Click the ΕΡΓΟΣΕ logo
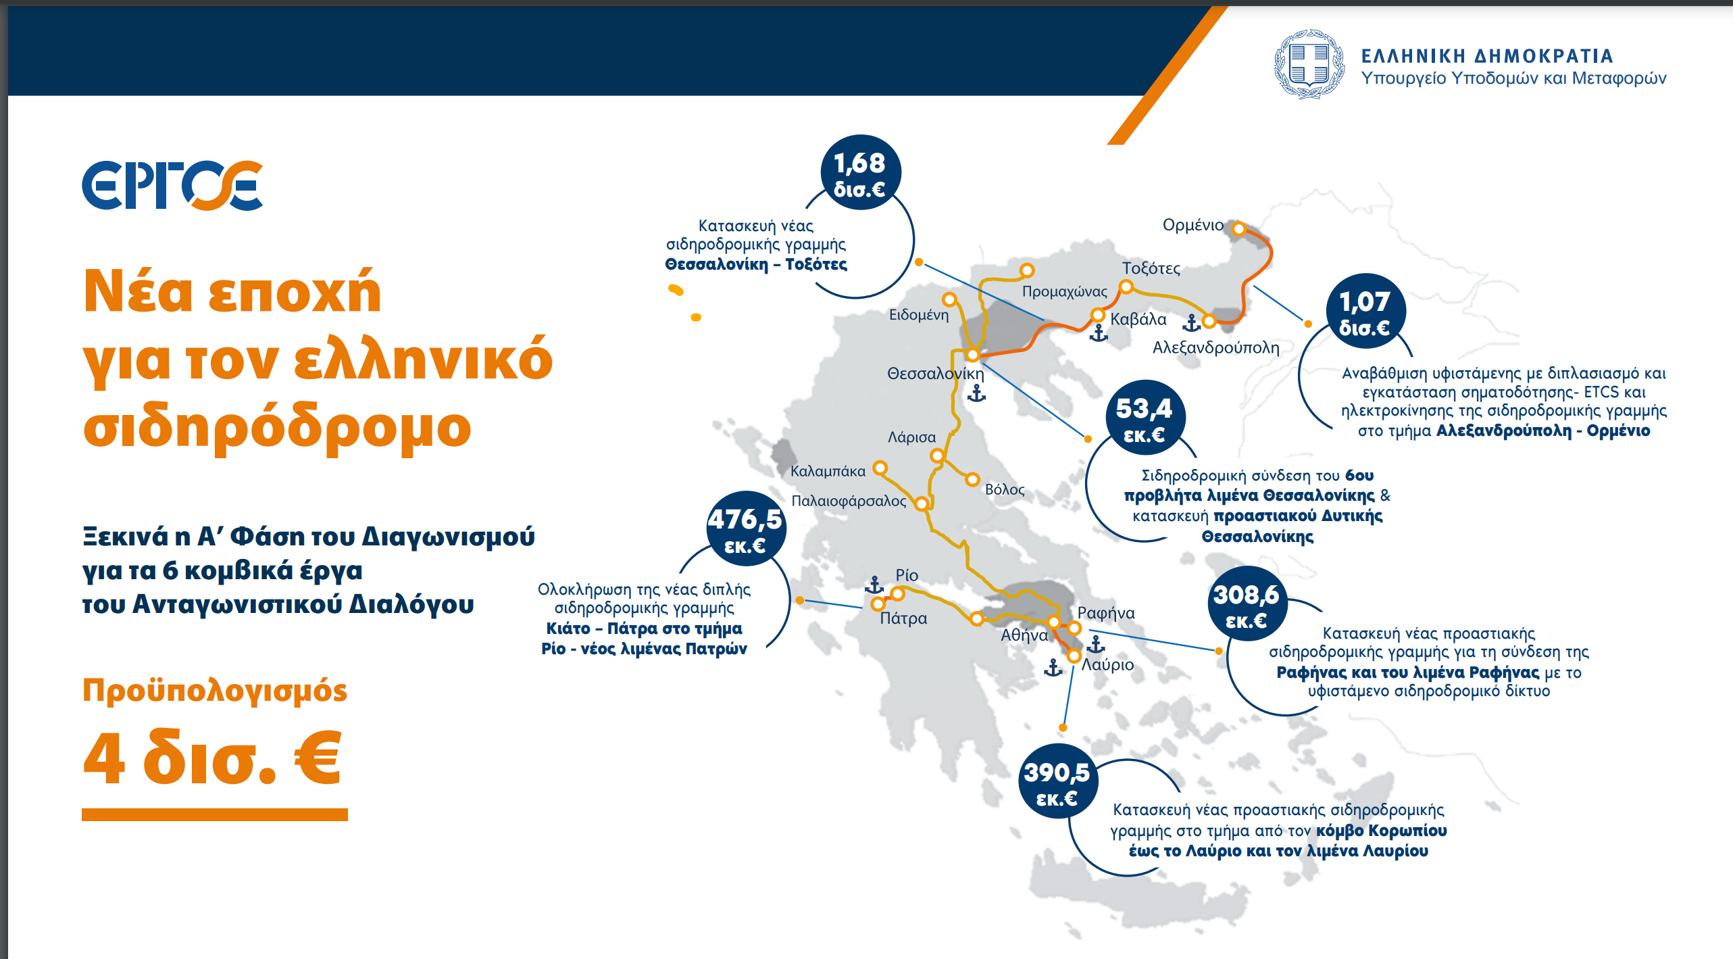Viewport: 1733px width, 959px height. (172, 185)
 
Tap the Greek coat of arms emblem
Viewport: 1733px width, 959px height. (1309, 64)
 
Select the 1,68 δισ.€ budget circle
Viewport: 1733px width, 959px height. (860, 174)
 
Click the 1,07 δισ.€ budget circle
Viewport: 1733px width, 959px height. (1365, 312)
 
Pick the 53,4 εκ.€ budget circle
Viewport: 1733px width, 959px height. (1145, 419)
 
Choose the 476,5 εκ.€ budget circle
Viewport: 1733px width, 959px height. (745, 530)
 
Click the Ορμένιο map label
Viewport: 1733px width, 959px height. (1192, 225)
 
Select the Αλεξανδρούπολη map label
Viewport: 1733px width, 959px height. (1215, 347)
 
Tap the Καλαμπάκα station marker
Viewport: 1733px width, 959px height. (880, 468)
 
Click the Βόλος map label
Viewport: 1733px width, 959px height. (1005, 489)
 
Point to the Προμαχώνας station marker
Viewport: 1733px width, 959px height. (1027, 271)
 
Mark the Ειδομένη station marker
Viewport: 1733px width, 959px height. (949, 299)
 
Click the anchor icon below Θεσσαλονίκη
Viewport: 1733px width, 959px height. (976, 393)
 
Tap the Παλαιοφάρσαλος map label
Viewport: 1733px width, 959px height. (849, 501)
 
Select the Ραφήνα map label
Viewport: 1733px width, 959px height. (1106, 613)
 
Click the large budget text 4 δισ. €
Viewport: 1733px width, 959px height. (212, 758)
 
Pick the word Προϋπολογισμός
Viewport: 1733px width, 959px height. (215, 691)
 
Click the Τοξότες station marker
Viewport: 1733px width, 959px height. (1126, 287)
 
